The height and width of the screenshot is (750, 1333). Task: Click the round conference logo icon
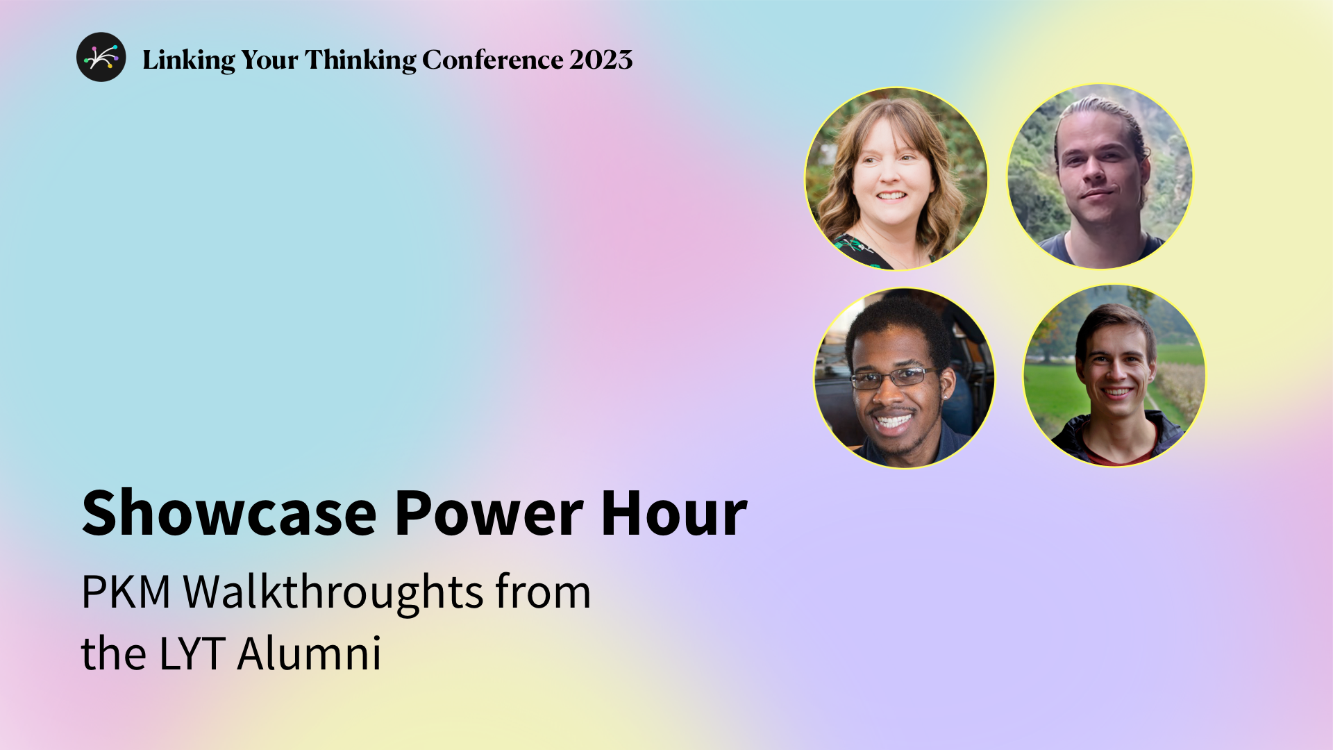[101, 57]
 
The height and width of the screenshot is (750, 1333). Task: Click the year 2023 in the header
[601, 60]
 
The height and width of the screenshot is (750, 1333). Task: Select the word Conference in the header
[492, 60]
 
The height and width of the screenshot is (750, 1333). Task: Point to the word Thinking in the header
[360, 60]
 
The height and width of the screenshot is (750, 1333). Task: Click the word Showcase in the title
[229, 514]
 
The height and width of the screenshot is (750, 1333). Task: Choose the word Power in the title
[489, 514]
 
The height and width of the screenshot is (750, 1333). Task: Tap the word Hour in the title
[673, 514]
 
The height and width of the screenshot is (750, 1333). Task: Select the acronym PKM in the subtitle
[126, 592]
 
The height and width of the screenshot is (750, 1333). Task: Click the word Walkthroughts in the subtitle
[333, 592]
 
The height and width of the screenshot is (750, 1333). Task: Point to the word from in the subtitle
[543, 592]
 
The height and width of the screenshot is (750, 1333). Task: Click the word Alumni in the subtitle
[310, 653]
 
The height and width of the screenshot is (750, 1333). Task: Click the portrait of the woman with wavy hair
[896, 178]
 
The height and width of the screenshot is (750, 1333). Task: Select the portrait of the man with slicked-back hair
[1100, 176]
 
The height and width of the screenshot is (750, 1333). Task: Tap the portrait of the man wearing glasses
[904, 378]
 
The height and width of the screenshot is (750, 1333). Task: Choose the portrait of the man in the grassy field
[1114, 376]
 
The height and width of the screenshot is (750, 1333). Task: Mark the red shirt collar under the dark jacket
[1118, 456]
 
